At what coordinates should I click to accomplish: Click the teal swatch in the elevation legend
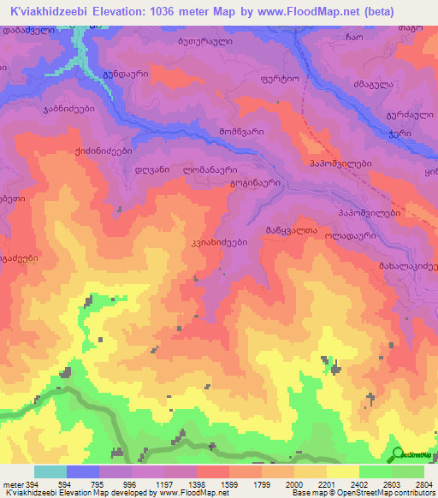(x=50, y=471)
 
